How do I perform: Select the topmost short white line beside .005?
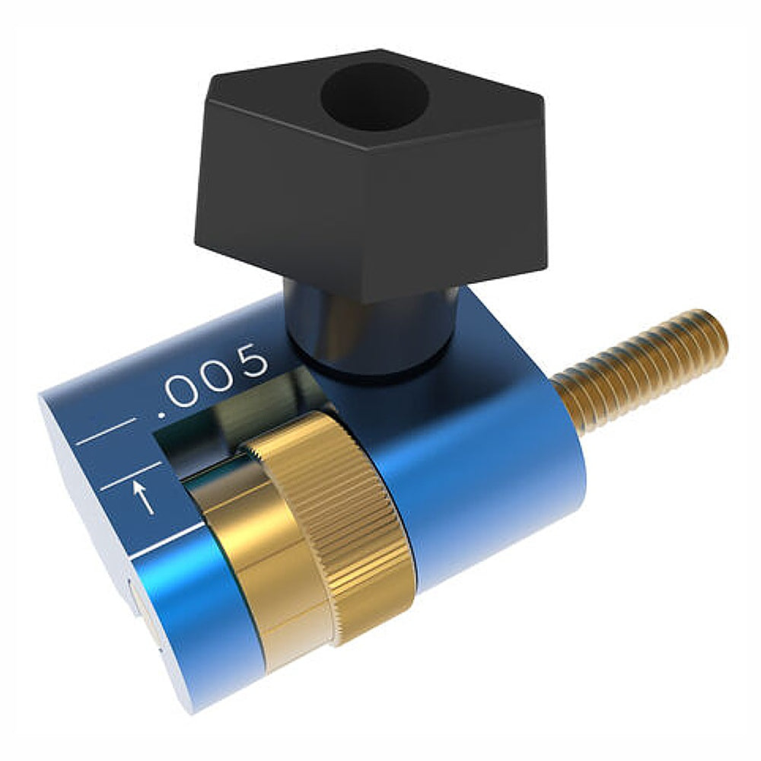[107, 430]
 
